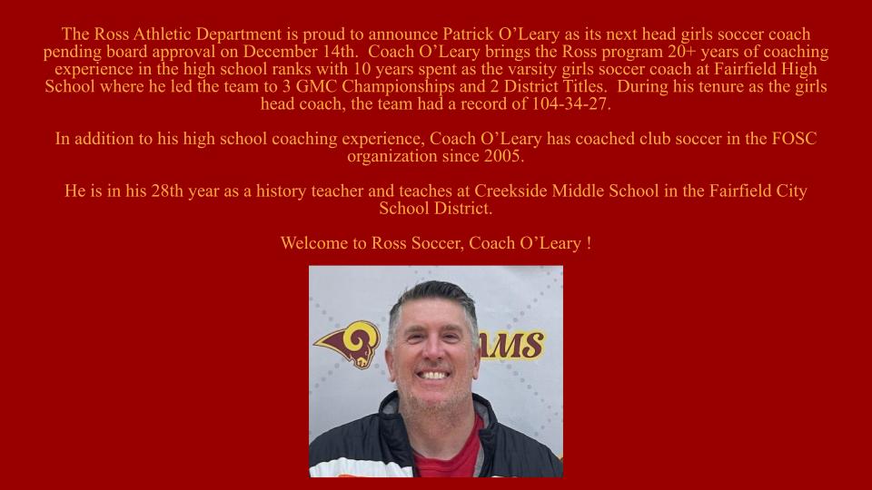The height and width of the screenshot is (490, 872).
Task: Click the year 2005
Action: click(504, 156)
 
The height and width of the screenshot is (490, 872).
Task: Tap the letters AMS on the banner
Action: click(516, 346)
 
